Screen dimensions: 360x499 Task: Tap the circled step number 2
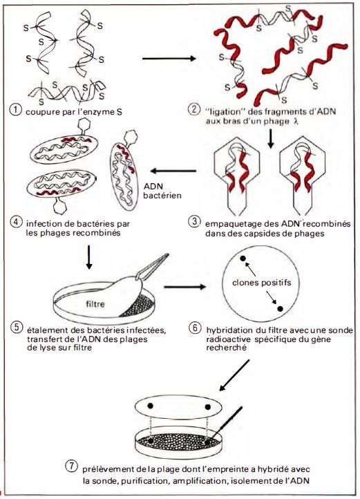(x=194, y=110)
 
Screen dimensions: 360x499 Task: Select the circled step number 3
(x=194, y=221)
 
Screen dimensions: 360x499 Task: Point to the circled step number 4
(x=15, y=221)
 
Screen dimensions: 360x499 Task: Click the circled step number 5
(x=15, y=327)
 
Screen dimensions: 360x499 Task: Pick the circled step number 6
(x=194, y=327)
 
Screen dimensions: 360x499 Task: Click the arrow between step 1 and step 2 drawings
(x=169, y=59)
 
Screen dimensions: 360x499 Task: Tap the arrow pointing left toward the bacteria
(x=173, y=171)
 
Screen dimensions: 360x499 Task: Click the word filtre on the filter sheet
(x=95, y=304)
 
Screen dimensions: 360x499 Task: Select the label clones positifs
(x=262, y=283)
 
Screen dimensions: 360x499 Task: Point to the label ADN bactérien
(x=162, y=190)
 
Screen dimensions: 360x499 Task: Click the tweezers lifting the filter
(x=151, y=267)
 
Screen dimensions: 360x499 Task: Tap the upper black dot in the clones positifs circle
(x=243, y=258)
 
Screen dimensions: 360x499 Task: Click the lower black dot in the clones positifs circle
(x=280, y=308)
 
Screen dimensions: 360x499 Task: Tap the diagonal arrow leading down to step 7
(x=235, y=375)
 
